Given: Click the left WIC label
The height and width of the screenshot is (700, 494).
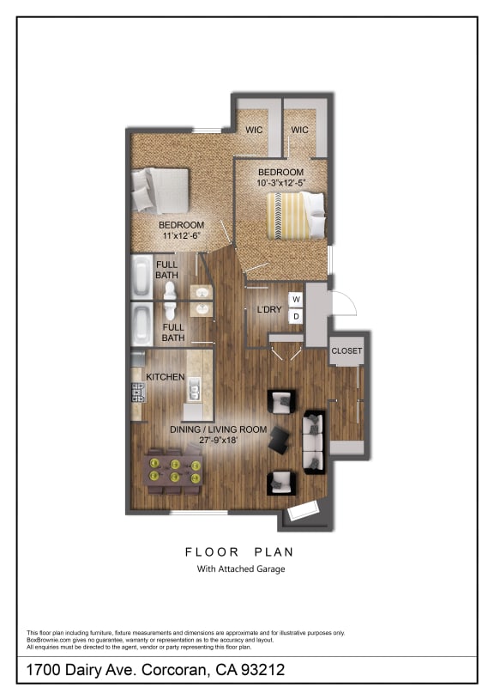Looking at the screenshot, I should point(254,130).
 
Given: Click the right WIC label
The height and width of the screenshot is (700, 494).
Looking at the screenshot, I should point(299,130).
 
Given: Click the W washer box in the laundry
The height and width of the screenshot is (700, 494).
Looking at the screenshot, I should point(296,299).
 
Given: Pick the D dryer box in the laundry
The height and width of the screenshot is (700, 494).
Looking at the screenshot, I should point(296,316).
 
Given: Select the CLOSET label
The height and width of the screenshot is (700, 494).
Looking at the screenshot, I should point(346,351).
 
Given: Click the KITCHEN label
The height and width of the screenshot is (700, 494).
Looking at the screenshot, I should point(166,377).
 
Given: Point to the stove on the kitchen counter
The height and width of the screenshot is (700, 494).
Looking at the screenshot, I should point(136,393).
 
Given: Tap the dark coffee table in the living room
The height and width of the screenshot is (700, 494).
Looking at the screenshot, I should point(280,441).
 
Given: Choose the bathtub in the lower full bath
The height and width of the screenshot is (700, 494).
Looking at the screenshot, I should point(142,324).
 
